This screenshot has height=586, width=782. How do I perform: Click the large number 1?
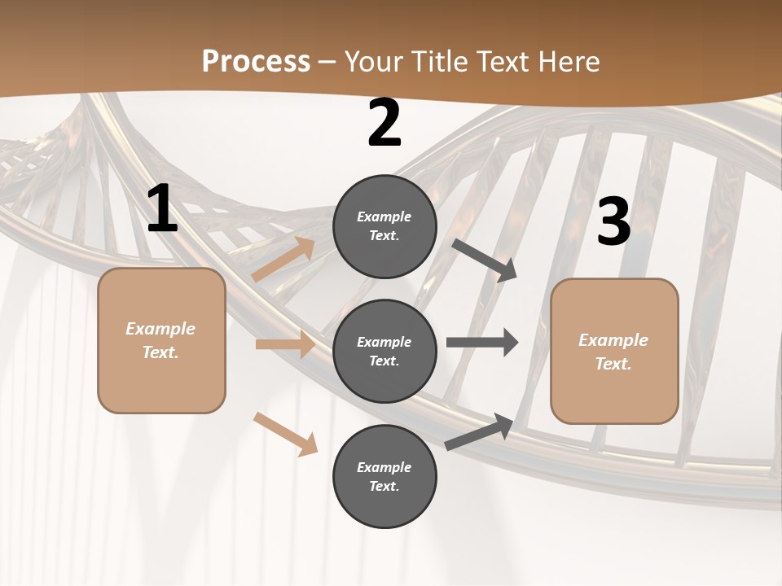[x=162, y=209]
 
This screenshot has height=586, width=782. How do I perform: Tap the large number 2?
[x=384, y=124]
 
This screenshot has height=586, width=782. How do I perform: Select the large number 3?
[x=613, y=221]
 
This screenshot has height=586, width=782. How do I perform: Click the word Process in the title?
[x=256, y=61]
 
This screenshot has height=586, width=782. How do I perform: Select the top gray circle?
[x=384, y=226]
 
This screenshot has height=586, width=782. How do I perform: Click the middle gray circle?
[x=384, y=351]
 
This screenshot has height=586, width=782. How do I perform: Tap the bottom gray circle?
[x=384, y=476]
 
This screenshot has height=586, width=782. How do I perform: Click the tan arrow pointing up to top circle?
[x=283, y=259]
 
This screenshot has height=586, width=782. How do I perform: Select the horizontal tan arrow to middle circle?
[x=285, y=344]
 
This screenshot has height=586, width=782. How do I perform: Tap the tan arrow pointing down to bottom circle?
[x=285, y=434]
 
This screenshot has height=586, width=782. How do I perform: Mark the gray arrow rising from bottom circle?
[x=479, y=431]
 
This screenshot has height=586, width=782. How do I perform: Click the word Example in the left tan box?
[x=160, y=329]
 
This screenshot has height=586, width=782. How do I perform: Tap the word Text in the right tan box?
[x=613, y=364]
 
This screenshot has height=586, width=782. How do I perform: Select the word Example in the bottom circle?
[x=384, y=467]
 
